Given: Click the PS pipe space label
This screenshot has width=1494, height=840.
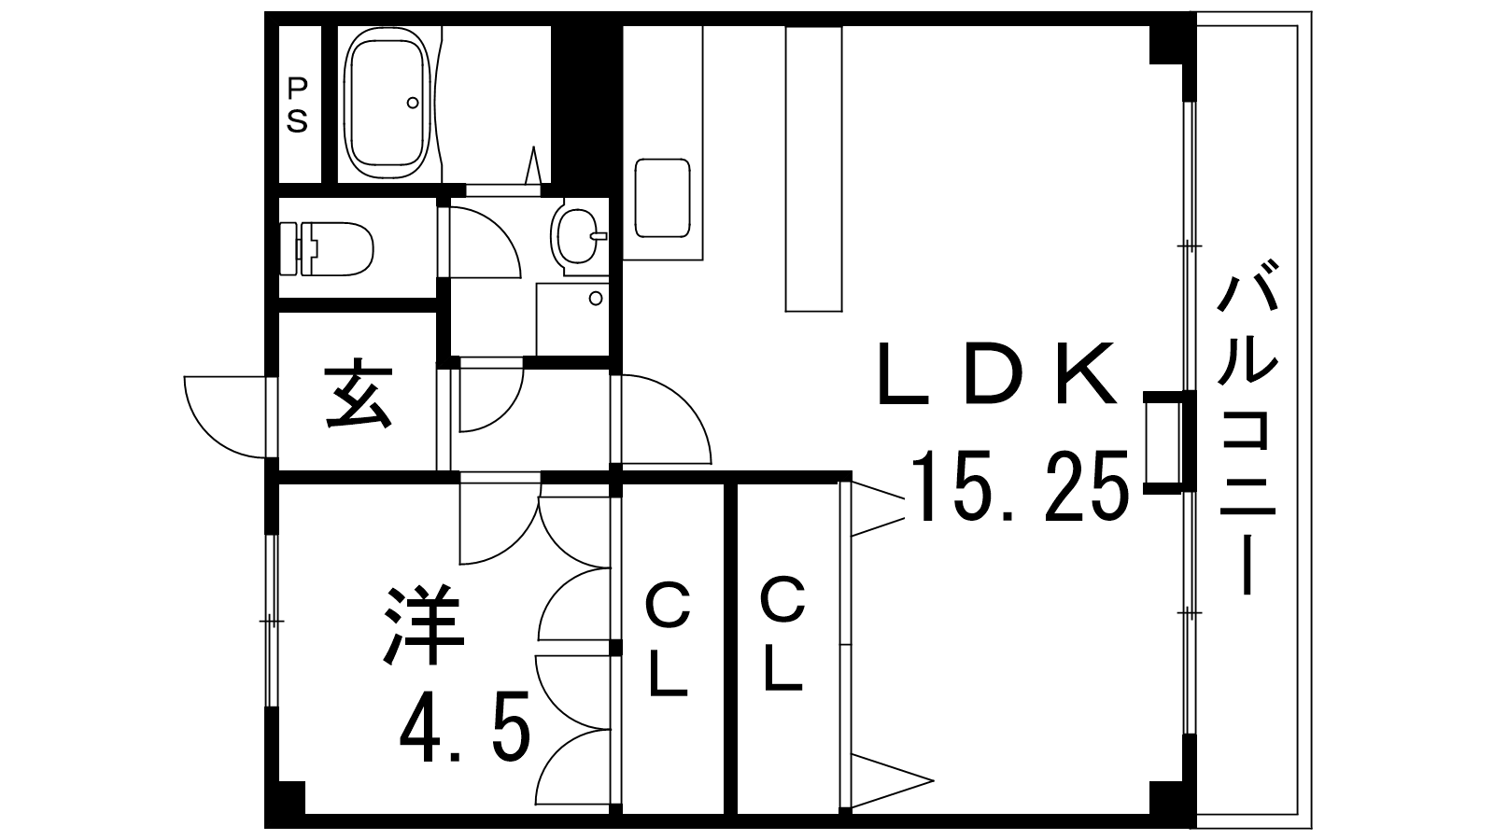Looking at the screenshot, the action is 298,105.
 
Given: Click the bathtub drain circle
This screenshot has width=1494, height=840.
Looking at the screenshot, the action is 413,103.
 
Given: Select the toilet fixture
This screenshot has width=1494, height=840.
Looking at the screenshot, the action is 326,248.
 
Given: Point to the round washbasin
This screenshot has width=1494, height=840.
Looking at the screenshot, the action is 575,237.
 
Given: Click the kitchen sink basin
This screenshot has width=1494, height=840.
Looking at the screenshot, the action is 662,198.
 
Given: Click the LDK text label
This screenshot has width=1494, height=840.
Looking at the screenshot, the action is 997,374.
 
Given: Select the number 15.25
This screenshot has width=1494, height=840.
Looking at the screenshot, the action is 1021,485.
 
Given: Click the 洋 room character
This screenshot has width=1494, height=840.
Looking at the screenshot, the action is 424,625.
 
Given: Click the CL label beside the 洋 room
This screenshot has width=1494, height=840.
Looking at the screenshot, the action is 667,640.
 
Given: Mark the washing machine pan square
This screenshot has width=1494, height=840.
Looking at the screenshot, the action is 573,318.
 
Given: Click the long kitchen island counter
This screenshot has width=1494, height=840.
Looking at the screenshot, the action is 813,168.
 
